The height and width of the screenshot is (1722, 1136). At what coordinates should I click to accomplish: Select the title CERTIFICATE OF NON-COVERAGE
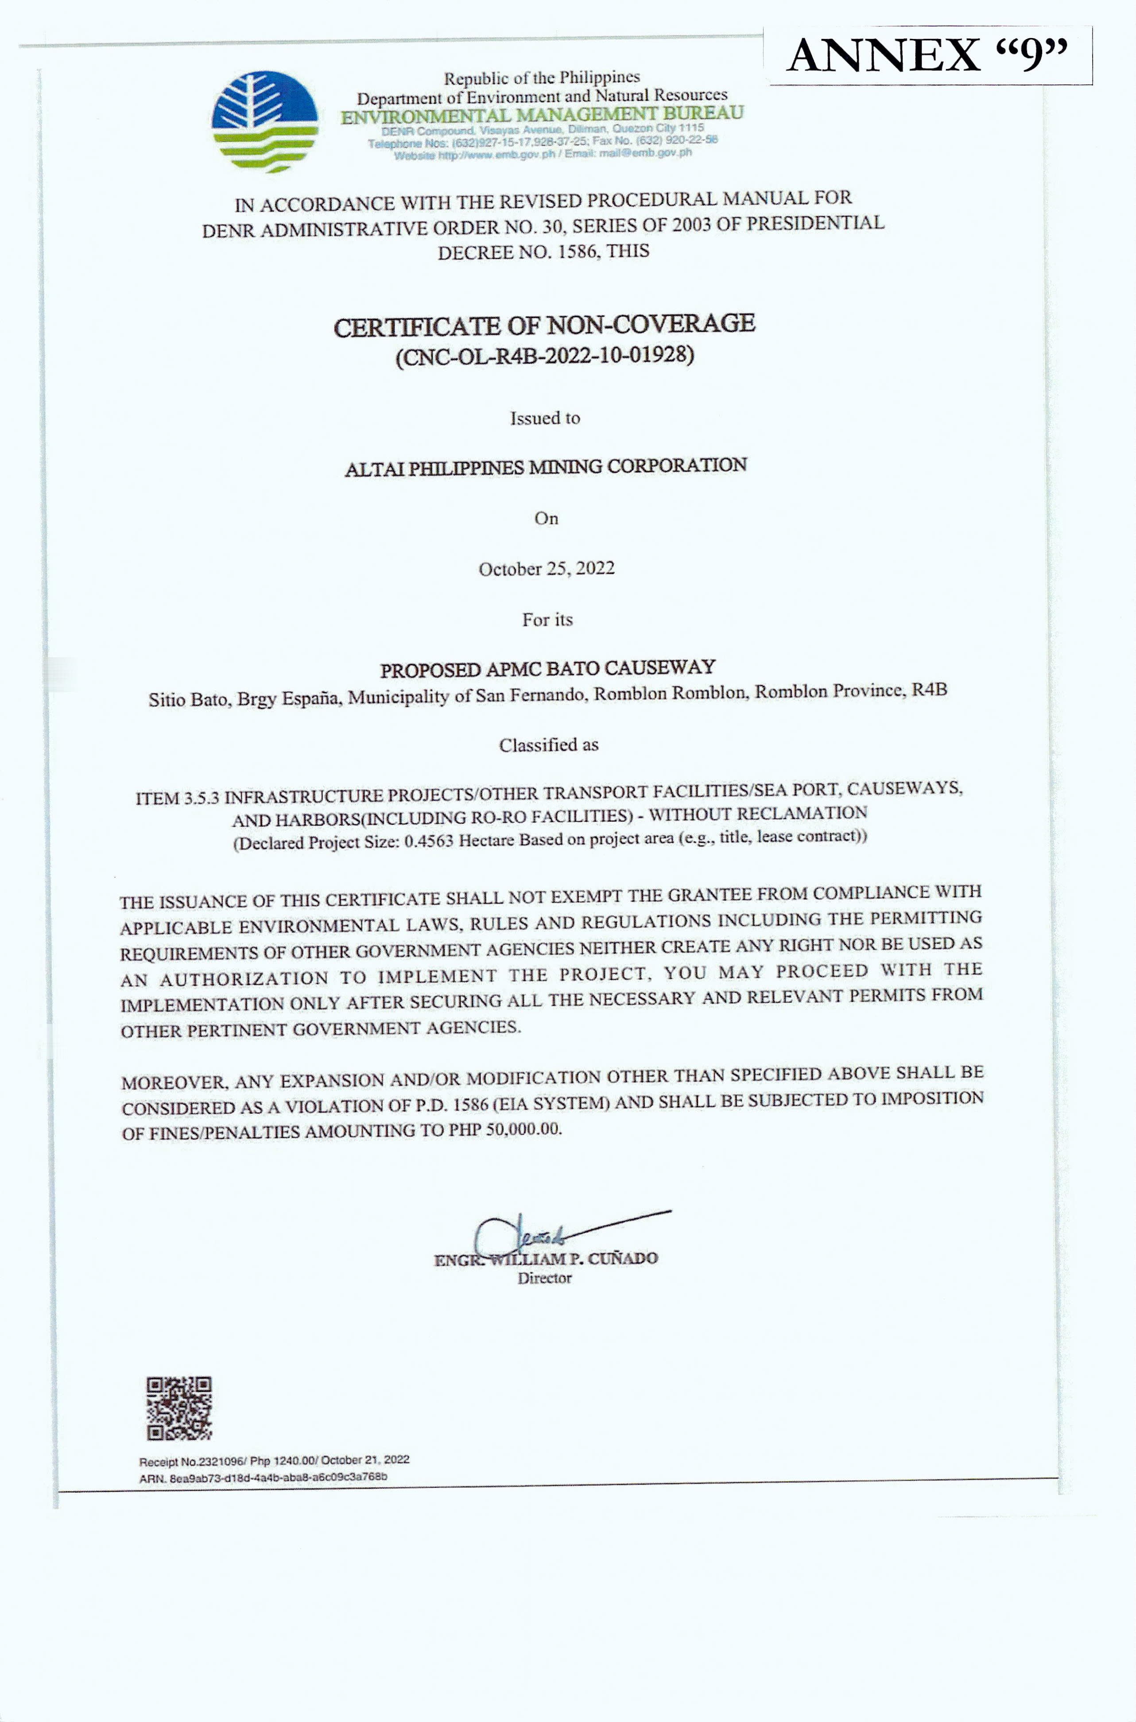coord(544,325)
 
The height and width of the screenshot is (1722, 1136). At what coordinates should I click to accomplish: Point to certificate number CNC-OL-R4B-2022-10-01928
coord(545,356)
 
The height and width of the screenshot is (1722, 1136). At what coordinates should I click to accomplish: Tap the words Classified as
coord(548,745)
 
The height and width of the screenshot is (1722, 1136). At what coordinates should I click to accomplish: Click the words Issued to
coord(545,418)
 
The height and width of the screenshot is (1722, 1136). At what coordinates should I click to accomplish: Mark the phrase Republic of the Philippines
coord(542,78)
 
